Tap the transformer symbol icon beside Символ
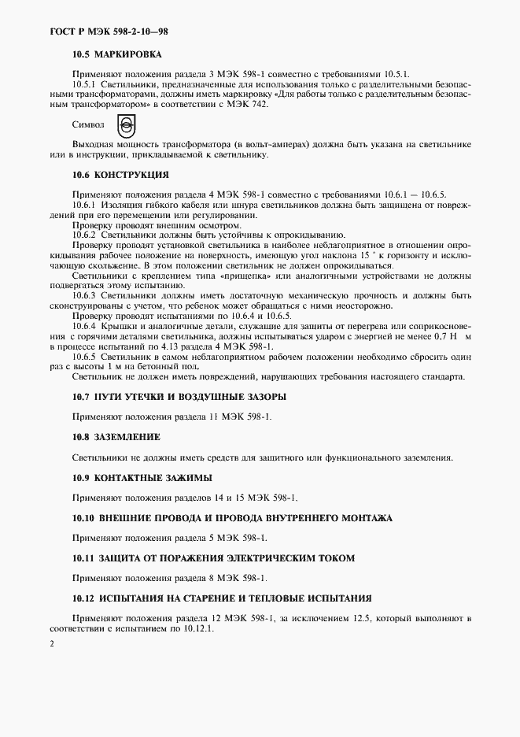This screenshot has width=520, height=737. coord(124,124)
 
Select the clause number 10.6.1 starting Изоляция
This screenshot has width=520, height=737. coord(83,204)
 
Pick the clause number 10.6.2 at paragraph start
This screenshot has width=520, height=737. coord(83,235)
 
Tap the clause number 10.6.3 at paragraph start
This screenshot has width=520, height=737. coord(83,295)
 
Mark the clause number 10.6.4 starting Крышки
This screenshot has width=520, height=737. coord(83,326)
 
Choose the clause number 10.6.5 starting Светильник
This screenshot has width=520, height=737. coord(83,356)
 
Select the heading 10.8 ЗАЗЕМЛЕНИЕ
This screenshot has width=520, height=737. coord(116,436)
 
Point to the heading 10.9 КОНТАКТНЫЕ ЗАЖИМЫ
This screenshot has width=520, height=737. coord(142,477)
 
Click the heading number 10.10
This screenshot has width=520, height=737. coord(83,518)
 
